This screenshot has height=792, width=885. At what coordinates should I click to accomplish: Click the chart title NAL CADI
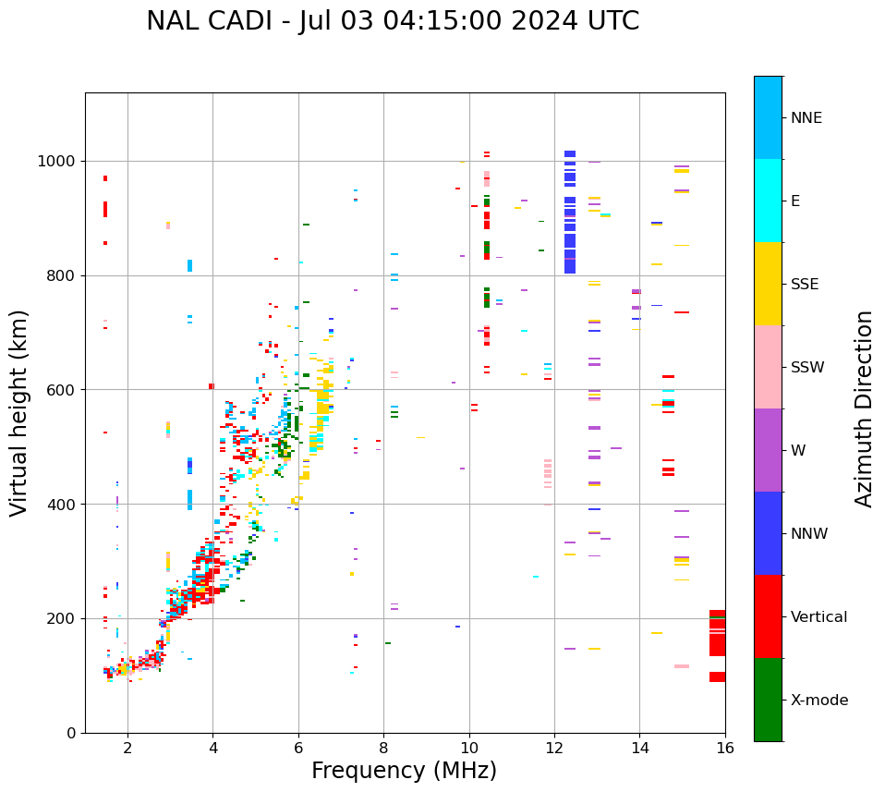point(393,21)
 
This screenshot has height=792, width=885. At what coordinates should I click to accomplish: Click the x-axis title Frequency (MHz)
point(404,771)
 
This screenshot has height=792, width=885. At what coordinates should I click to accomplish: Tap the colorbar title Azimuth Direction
point(864,408)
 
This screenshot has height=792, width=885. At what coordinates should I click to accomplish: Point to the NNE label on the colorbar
point(806,118)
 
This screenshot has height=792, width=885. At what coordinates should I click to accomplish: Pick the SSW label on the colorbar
point(806,368)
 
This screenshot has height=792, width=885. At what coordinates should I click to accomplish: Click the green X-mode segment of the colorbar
point(768,700)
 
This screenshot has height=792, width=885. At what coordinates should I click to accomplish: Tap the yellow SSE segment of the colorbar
point(768,284)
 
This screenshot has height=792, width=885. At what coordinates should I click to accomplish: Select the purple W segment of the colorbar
point(768,450)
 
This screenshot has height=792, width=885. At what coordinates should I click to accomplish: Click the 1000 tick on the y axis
point(60,162)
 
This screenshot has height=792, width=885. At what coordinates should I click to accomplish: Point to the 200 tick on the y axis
point(64,619)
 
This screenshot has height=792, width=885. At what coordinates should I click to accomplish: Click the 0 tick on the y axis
point(72,733)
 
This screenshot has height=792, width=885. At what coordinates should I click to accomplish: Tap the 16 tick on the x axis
point(724,748)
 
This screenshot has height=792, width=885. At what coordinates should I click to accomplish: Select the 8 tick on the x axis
point(383,748)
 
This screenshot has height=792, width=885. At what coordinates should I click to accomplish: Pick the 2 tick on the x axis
point(127,748)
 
